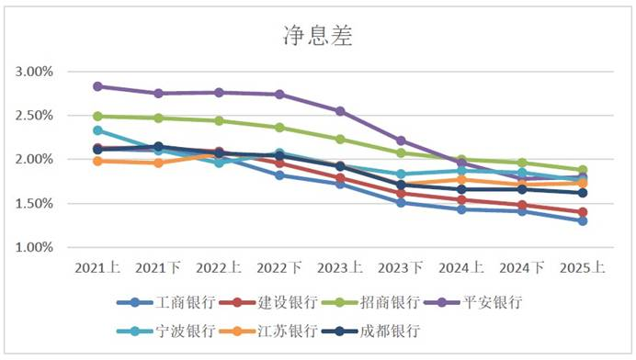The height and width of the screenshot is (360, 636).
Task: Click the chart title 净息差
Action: point(317,36)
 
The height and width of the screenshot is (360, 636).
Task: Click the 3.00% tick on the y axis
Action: point(35,72)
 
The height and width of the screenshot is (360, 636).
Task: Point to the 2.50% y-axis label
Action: point(35,116)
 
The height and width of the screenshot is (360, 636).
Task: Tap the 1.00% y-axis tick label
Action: point(35,248)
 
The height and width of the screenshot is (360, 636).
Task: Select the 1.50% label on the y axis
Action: point(35,204)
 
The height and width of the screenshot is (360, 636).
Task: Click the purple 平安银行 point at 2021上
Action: point(97,86)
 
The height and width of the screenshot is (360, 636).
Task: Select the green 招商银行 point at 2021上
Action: point(97,117)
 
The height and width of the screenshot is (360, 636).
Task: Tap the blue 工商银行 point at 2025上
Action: point(583,220)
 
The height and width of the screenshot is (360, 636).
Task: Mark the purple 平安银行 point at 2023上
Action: point(340,111)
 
